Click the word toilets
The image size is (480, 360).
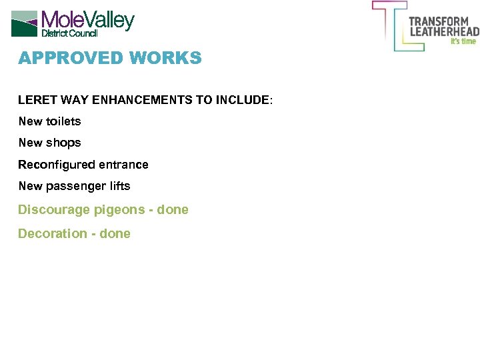pos(63,121)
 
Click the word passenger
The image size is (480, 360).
pos(74,186)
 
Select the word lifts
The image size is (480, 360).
pos(118,186)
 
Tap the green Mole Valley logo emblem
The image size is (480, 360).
pos(24,23)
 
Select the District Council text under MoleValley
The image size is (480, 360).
pos(69,33)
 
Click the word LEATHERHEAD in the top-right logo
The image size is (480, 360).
pos(444,31)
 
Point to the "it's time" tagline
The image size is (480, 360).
pos(463,41)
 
